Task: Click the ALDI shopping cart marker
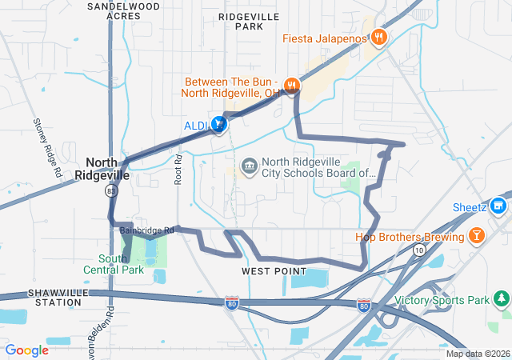(218, 124)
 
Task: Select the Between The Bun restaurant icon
(292, 83)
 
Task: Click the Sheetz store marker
(500, 206)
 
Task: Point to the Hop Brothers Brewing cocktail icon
(477, 236)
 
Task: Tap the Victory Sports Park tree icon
(502, 299)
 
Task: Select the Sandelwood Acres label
(124, 10)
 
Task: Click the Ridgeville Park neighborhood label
(249, 20)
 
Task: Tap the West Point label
(274, 271)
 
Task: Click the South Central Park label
(120, 264)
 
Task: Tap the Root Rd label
(178, 170)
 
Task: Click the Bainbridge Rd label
(146, 230)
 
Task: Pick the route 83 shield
(110, 190)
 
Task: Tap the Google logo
(26, 350)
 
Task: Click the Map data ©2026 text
(478, 354)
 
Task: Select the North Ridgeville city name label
(102, 167)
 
